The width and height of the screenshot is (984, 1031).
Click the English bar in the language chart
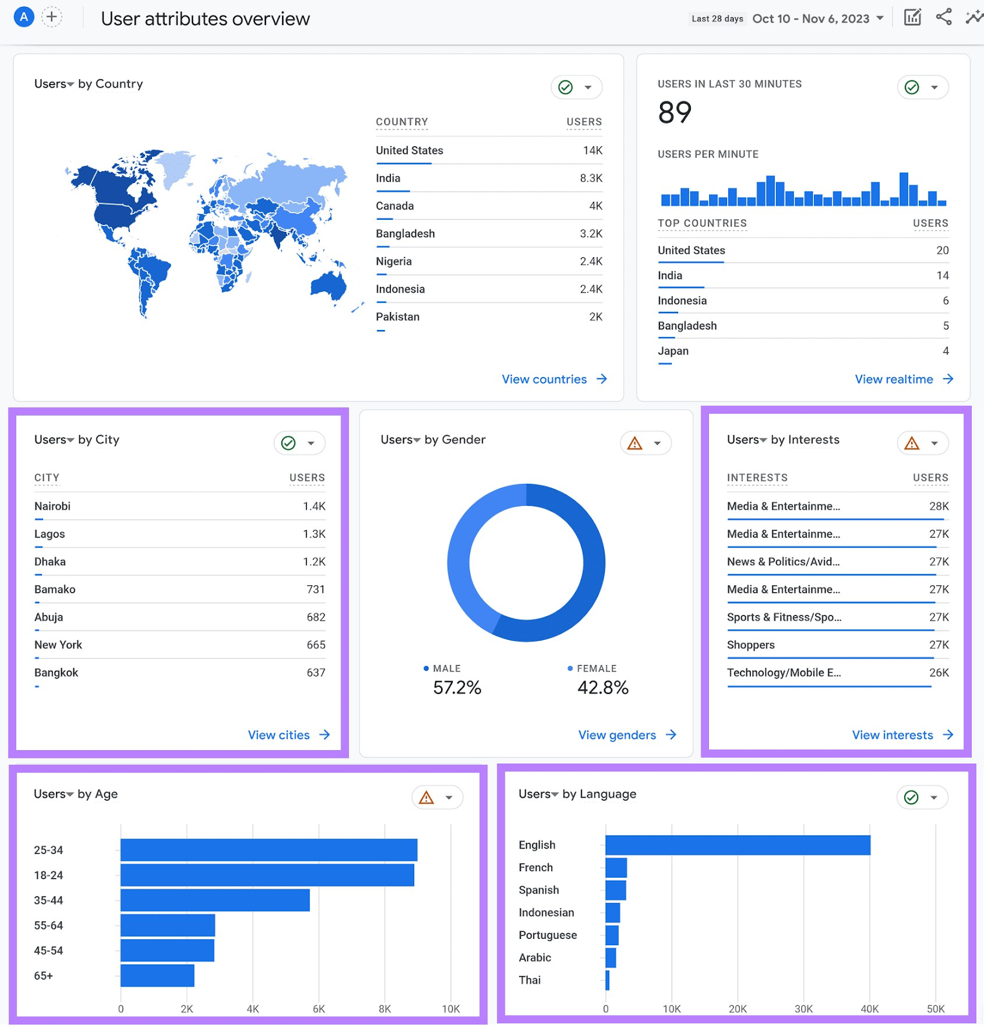737,845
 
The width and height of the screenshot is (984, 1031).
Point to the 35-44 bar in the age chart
214,900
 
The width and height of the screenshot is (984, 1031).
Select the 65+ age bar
157,976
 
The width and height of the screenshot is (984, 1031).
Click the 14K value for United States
592,151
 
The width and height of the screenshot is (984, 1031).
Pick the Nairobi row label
53,506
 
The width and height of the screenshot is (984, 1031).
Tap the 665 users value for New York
316,645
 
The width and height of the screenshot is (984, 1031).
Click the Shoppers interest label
751,645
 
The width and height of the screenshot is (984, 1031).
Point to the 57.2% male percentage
457,688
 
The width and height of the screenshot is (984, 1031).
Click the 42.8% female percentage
603,688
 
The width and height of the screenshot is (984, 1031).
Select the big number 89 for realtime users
674,113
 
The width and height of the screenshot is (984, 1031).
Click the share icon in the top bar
943,17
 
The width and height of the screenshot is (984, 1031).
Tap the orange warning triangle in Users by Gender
635,443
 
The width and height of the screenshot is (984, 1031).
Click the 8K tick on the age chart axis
384,1009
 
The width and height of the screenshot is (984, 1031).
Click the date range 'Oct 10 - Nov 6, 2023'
811,19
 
